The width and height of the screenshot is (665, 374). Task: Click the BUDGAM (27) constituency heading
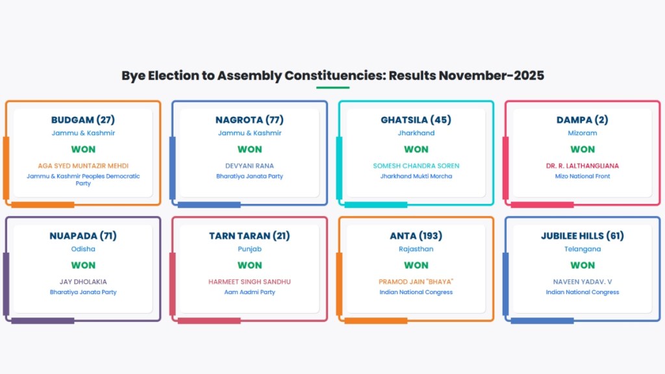(83, 120)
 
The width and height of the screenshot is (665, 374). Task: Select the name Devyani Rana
(249, 166)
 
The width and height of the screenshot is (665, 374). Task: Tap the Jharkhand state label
(416, 133)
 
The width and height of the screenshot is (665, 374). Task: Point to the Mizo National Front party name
(583, 177)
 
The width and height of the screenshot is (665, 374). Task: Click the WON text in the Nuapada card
(83, 266)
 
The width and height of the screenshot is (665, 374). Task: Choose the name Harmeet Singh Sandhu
(249, 282)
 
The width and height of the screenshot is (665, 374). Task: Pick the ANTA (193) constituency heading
(416, 236)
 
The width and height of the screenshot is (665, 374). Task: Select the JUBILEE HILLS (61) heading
(583, 236)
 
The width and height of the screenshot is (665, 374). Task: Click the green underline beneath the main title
(332, 88)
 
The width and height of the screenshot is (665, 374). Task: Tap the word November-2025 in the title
(491, 75)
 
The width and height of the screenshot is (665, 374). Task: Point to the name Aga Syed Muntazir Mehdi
(83, 166)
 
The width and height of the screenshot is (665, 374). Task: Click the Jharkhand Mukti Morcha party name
(416, 177)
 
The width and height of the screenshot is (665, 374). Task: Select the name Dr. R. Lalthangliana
(583, 166)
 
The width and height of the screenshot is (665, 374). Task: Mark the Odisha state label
(83, 249)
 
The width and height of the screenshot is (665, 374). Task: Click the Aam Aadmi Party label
(249, 292)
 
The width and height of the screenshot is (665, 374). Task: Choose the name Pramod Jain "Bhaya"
(416, 282)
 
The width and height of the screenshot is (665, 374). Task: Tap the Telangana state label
(583, 249)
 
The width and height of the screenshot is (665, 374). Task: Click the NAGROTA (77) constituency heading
(249, 120)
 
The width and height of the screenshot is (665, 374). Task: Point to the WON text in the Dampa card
(583, 149)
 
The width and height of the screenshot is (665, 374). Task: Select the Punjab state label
(249, 249)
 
